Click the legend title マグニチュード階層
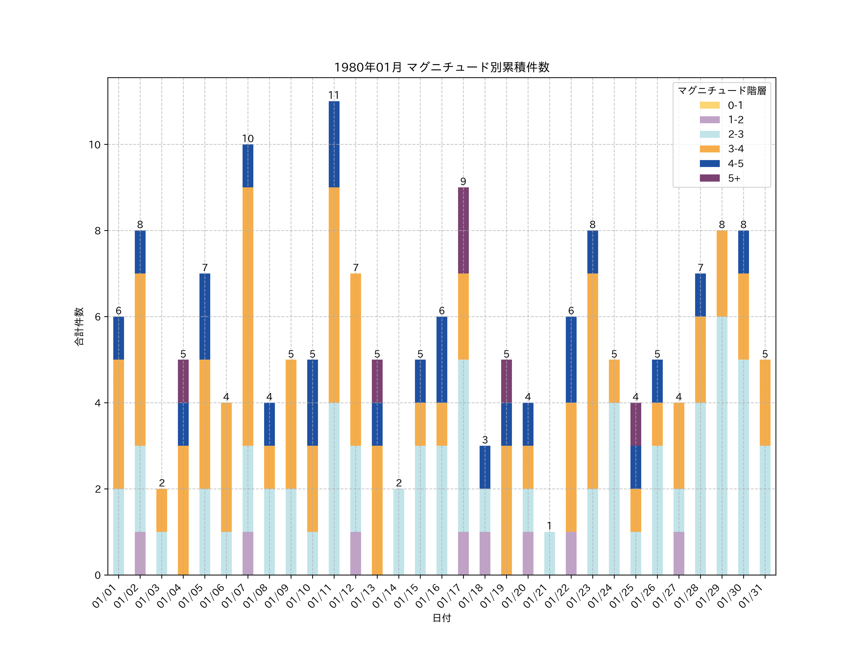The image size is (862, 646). pyautogui.click(x=722, y=91)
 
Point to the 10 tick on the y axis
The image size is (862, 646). pyautogui.click(x=95, y=145)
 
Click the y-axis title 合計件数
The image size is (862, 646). pyautogui.click(x=79, y=326)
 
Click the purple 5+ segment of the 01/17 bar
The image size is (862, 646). pyautogui.click(x=463, y=230)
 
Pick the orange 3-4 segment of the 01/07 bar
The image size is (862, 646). pyautogui.click(x=248, y=316)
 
